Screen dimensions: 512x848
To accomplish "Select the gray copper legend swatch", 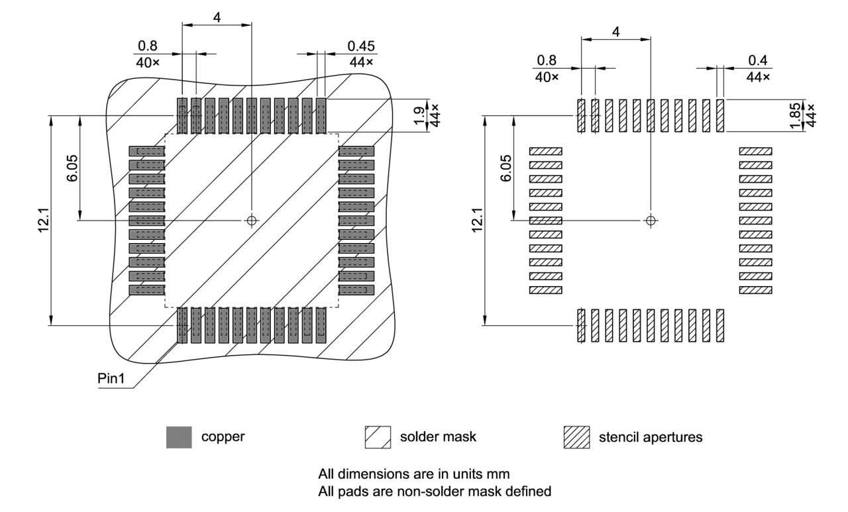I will point(179,437).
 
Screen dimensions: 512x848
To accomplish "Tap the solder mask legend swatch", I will point(378,437).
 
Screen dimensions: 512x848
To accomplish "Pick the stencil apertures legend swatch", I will point(576,437).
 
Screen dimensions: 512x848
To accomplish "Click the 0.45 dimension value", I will point(361,46).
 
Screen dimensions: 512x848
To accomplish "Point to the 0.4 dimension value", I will point(758,60).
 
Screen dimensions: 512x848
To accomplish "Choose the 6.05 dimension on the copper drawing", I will point(73,170).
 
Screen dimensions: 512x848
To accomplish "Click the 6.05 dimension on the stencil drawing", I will point(507,170).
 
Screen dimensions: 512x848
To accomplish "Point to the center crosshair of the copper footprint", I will point(251,220).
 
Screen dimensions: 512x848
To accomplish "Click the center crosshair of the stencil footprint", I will point(651,220).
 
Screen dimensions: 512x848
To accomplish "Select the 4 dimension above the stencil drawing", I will point(616,31).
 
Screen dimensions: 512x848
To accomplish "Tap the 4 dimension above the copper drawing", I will point(217,17).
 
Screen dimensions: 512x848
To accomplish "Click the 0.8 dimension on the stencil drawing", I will point(547,60).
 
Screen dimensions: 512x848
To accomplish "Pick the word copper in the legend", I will point(223,437).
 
